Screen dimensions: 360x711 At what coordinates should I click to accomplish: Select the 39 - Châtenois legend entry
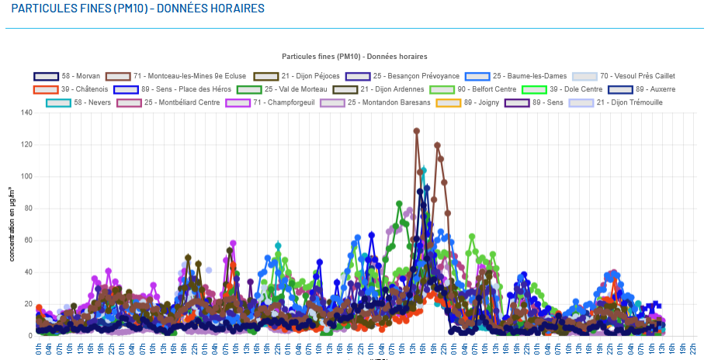70,89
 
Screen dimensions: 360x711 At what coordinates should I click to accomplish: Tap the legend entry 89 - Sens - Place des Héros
172,89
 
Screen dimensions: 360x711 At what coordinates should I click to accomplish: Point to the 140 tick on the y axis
27,112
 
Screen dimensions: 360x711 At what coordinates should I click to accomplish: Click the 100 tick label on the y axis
27,176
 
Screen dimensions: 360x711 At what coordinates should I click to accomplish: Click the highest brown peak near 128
417,131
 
